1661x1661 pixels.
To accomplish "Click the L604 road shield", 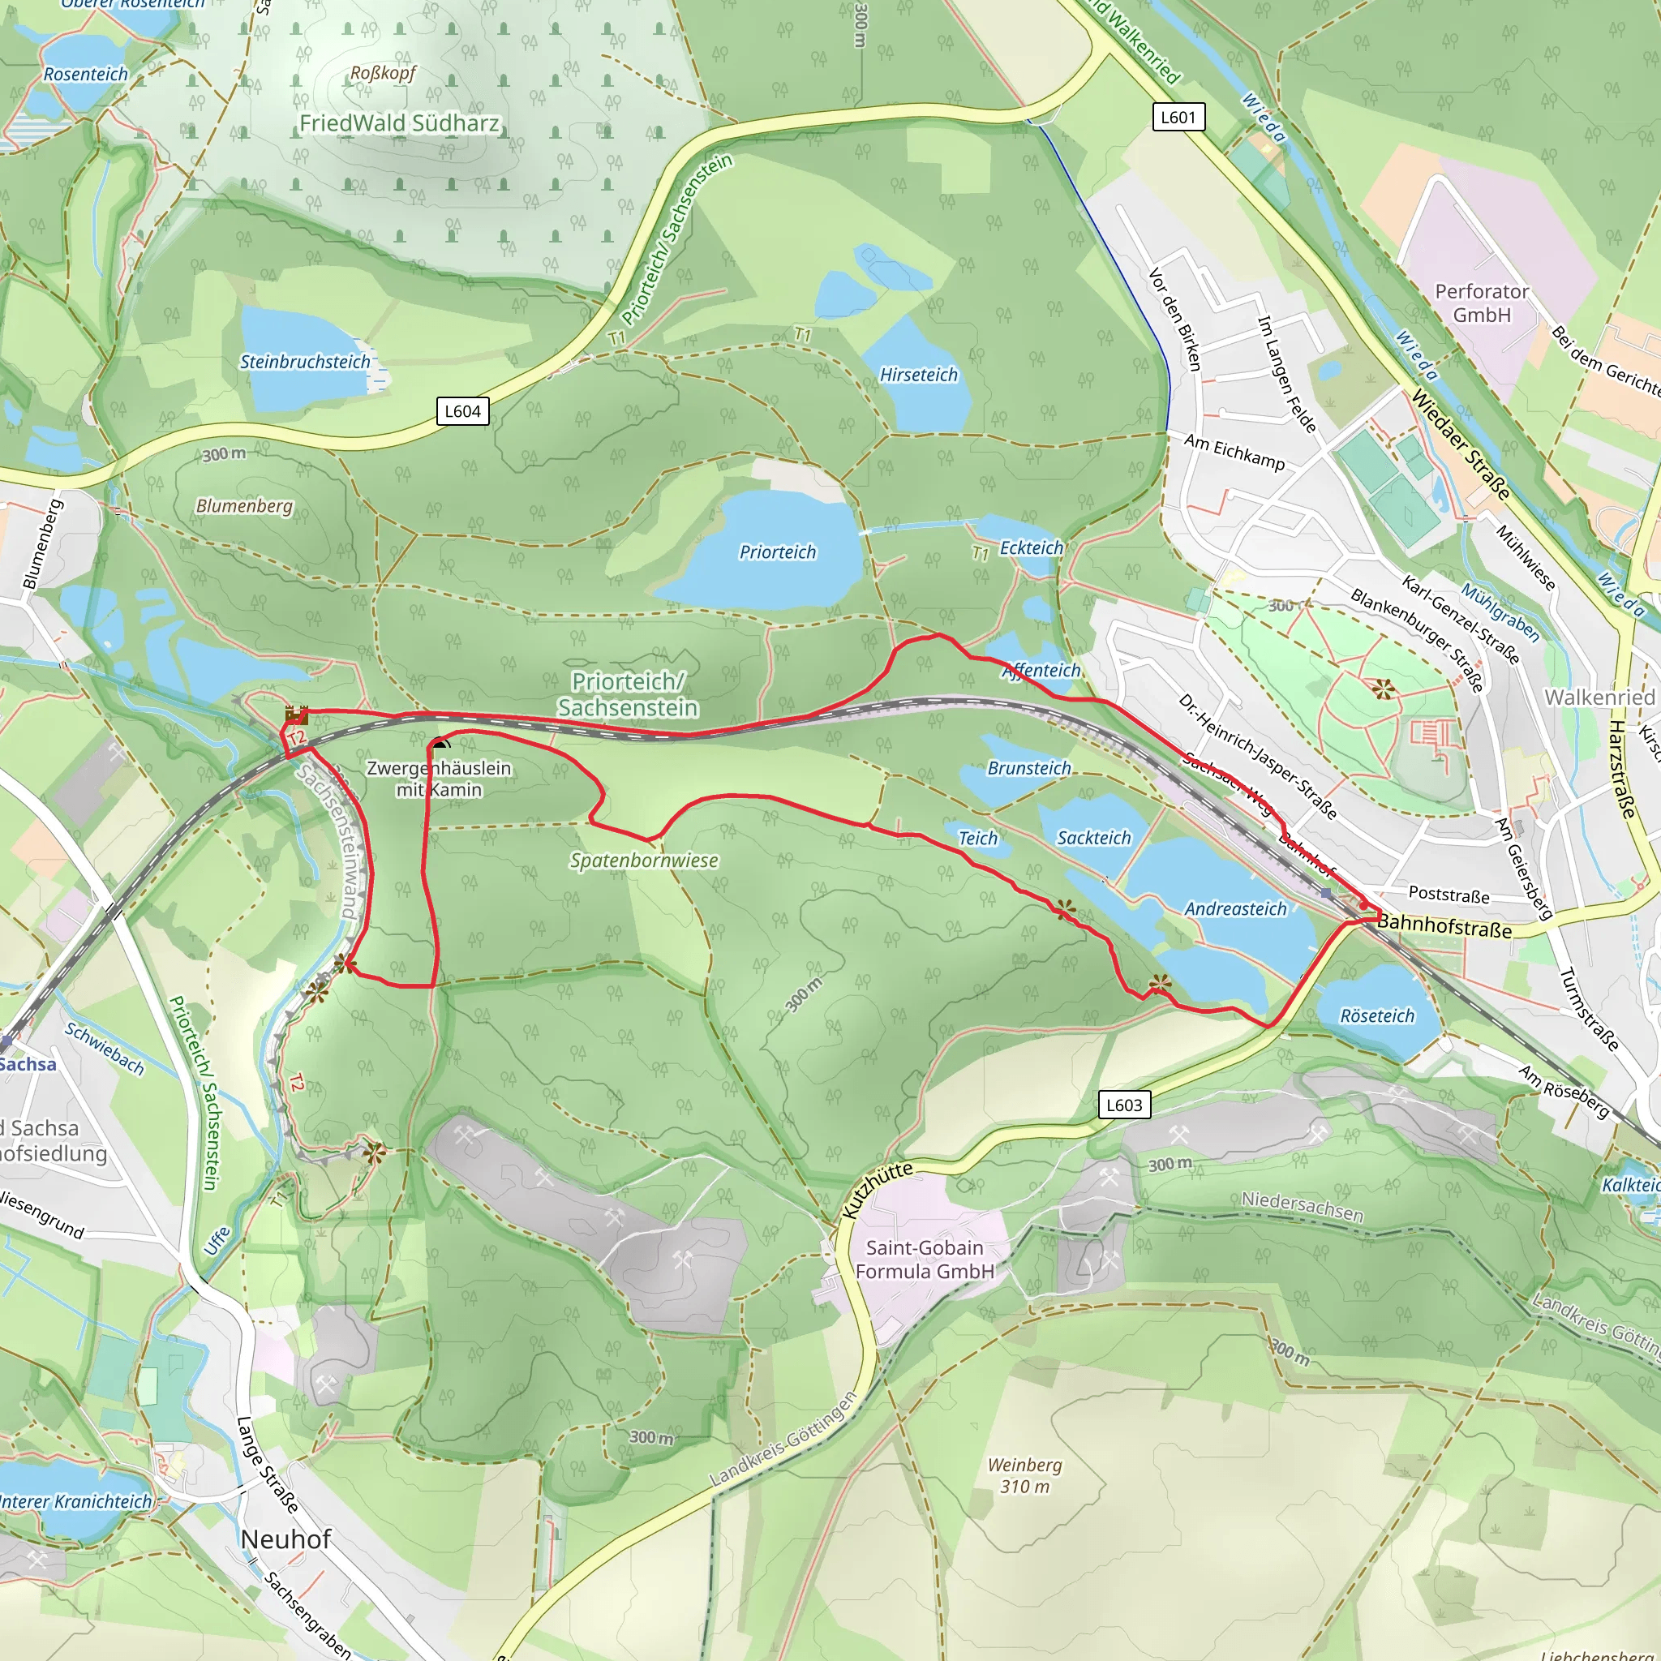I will (462, 411).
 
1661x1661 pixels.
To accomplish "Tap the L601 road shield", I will (1178, 117).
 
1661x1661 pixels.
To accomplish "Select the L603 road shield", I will (1123, 1105).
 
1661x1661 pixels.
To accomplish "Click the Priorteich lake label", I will (777, 552).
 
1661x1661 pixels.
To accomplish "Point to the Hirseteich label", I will (918, 375).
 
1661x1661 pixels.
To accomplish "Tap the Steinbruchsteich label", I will (304, 362).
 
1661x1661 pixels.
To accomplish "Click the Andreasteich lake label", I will (1235, 908).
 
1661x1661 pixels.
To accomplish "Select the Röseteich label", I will (1376, 1016).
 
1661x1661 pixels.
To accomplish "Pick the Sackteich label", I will (1093, 837).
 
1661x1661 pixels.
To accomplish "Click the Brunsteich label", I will (1029, 768).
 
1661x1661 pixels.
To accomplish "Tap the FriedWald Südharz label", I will (399, 124).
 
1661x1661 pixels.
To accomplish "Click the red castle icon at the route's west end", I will (296, 715).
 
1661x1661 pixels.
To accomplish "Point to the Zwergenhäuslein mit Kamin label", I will (439, 779).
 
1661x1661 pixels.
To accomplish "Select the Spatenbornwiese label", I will (644, 861).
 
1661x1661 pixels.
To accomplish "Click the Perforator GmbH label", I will (1481, 303).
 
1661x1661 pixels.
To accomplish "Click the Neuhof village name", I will (285, 1539).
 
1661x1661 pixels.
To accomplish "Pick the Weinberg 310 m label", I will (1025, 1475).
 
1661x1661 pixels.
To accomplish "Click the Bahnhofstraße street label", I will (1444, 927).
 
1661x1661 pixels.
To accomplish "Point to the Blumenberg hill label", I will (244, 505).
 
